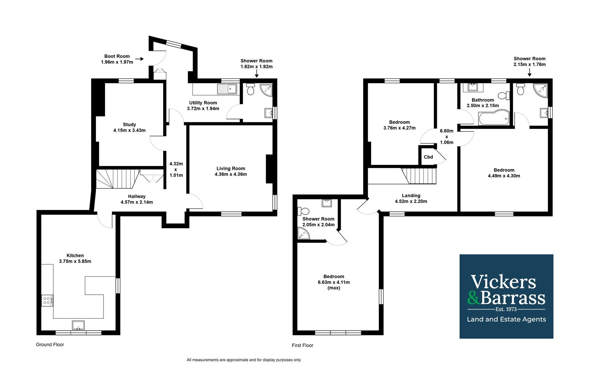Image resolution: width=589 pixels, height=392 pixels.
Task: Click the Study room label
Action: (129, 124)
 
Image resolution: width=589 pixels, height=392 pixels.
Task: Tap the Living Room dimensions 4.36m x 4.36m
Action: (231, 174)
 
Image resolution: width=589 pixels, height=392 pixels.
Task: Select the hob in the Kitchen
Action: (47, 301)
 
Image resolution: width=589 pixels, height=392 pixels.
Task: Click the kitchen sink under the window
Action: (78, 325)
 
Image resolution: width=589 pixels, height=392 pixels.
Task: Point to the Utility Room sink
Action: (227, 89)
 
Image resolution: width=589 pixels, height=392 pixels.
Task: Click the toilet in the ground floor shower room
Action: (251, 89)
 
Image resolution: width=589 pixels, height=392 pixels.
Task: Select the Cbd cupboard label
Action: (428, 157)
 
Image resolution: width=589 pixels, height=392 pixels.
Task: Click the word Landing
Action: (411, 195)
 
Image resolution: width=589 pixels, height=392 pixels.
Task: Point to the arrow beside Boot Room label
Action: (139, 59)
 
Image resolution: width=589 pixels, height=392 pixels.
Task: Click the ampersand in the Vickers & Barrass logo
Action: (474, 298)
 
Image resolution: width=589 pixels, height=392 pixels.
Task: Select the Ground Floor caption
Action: (50, 344)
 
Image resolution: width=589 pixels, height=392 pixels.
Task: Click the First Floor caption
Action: (302, 345)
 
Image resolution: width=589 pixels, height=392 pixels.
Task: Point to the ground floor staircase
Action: (117, 179)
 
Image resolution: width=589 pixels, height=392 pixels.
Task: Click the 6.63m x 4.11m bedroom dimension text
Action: (334, 282)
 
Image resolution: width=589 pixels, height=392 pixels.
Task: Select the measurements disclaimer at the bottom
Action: (244, 360)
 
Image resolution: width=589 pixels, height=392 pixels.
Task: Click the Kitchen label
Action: (75, 255)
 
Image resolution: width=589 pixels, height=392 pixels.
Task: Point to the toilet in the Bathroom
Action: (504, 95)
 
